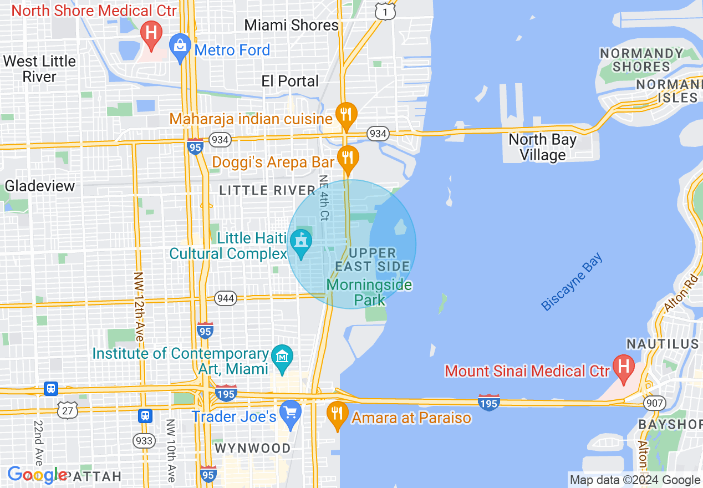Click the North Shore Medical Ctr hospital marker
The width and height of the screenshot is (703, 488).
pyautogui.click(x=150, y=31)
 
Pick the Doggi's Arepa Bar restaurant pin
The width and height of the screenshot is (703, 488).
pyautogui.click(x=348, y=157)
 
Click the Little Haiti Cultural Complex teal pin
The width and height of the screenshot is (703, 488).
pyautogui.click(x=301, y=242)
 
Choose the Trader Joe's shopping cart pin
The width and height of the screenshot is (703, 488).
pyautogui.click(x=291, y=413)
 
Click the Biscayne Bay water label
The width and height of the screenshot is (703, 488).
pyautogui.click(x=572, y=282)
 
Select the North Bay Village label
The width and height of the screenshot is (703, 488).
pyautogui.click(x=542, y=148)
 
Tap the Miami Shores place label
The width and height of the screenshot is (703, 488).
pyautogui.click(x=291, y=25)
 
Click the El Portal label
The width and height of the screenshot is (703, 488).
pyautogui.click(x=290, y=81)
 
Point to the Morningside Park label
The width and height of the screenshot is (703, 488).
pyautogui.click(x=369, y=293)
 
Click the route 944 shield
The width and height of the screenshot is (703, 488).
pyautogui.click(x=226, y=299)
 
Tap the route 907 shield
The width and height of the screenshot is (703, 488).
pyautogui.click(x=654, y=403)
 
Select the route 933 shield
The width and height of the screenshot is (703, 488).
pyautogui.click(x=144, y=441)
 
